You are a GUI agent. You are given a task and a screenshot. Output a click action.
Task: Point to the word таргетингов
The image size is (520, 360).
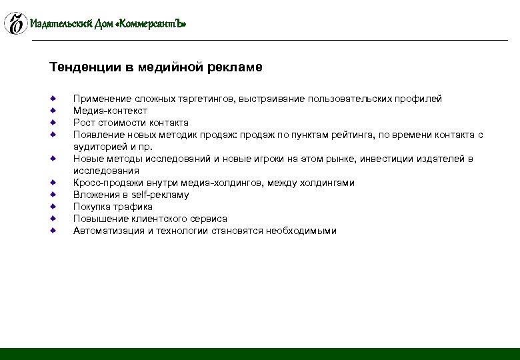tap(204, 99)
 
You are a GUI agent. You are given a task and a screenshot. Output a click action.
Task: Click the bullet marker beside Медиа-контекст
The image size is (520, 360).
tap(53, 111)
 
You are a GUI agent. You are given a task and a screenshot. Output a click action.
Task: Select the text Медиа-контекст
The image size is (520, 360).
tap(110, 111)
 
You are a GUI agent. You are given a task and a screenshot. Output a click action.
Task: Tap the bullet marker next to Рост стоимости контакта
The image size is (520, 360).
tap(53, 123)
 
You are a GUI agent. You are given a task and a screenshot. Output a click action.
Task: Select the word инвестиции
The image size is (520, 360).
tap(379, 159)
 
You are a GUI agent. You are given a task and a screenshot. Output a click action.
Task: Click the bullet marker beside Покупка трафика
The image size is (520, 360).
tap(53, 207)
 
